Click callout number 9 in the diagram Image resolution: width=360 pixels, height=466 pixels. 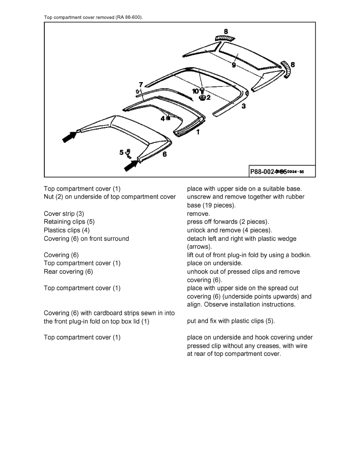[234, 65]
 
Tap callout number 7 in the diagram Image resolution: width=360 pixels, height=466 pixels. [141, 84]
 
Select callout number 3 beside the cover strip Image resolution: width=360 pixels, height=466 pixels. [244, 106]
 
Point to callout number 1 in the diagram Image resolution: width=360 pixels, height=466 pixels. [198, 132]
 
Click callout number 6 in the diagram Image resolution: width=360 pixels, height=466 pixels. [164, 154]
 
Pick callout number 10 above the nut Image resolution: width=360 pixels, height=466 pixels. [195, 91]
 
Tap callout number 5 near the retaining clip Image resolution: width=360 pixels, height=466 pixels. [122, 152]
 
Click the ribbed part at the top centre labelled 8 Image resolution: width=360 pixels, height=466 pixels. [225, 38]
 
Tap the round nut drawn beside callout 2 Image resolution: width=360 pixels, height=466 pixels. [202, 97]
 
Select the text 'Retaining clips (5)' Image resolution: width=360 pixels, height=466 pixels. [69, 222]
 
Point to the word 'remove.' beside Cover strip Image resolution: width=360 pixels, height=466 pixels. [198, 214]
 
